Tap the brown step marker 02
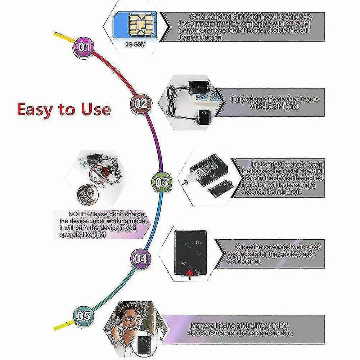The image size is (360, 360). [x=140, y=103]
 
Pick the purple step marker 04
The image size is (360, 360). [x=140, y=258]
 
